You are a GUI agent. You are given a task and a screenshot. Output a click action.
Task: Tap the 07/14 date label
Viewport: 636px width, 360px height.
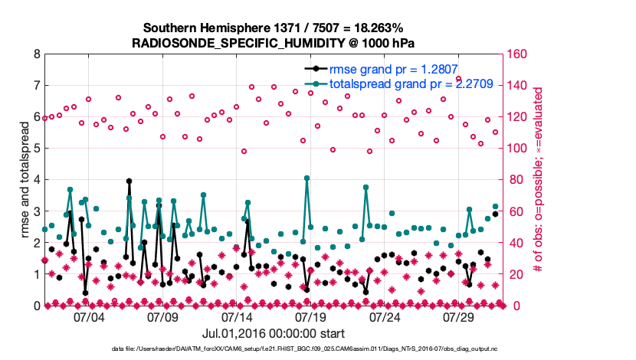coord(237,316)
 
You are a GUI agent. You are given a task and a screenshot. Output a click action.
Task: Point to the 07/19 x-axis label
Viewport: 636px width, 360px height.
coord(311,316)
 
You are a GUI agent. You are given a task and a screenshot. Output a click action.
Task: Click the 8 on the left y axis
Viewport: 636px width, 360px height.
coord(36,54)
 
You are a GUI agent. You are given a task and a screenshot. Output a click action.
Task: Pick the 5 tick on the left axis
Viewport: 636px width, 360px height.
coord(36,149)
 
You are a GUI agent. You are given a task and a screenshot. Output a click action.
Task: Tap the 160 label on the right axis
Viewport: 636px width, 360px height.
coord(514,54)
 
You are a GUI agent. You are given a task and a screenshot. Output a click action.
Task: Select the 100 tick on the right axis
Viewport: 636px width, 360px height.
coord(514,149)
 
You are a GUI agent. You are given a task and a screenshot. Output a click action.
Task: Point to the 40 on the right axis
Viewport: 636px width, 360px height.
coord(511,243)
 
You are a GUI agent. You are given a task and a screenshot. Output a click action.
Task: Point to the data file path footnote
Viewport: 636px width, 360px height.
coord(316,349)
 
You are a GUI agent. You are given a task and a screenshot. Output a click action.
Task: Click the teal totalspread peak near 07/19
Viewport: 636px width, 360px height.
coord(307,178)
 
